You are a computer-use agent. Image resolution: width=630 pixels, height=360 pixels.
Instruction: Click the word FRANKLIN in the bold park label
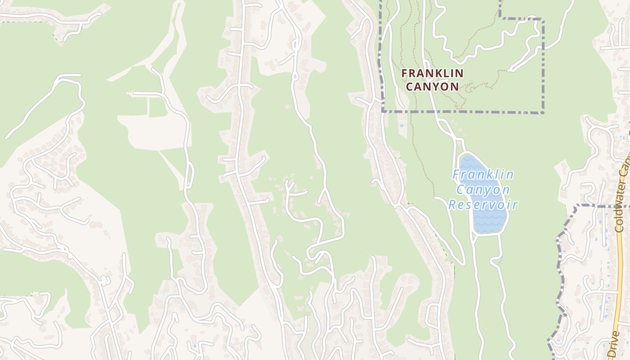(432, 72)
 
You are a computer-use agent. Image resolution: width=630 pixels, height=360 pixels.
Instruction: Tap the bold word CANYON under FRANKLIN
(432, 86)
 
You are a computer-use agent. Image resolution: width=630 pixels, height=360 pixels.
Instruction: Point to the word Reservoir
(483, 205)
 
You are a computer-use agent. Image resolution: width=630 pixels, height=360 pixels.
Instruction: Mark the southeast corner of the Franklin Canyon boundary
(543, 112)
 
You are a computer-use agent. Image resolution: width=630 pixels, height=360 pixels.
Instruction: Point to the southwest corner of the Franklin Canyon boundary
(382, 110)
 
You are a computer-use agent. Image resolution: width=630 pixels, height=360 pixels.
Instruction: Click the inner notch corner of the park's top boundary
(500, 18)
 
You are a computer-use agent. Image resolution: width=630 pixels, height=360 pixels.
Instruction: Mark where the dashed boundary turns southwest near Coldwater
(576, 207)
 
